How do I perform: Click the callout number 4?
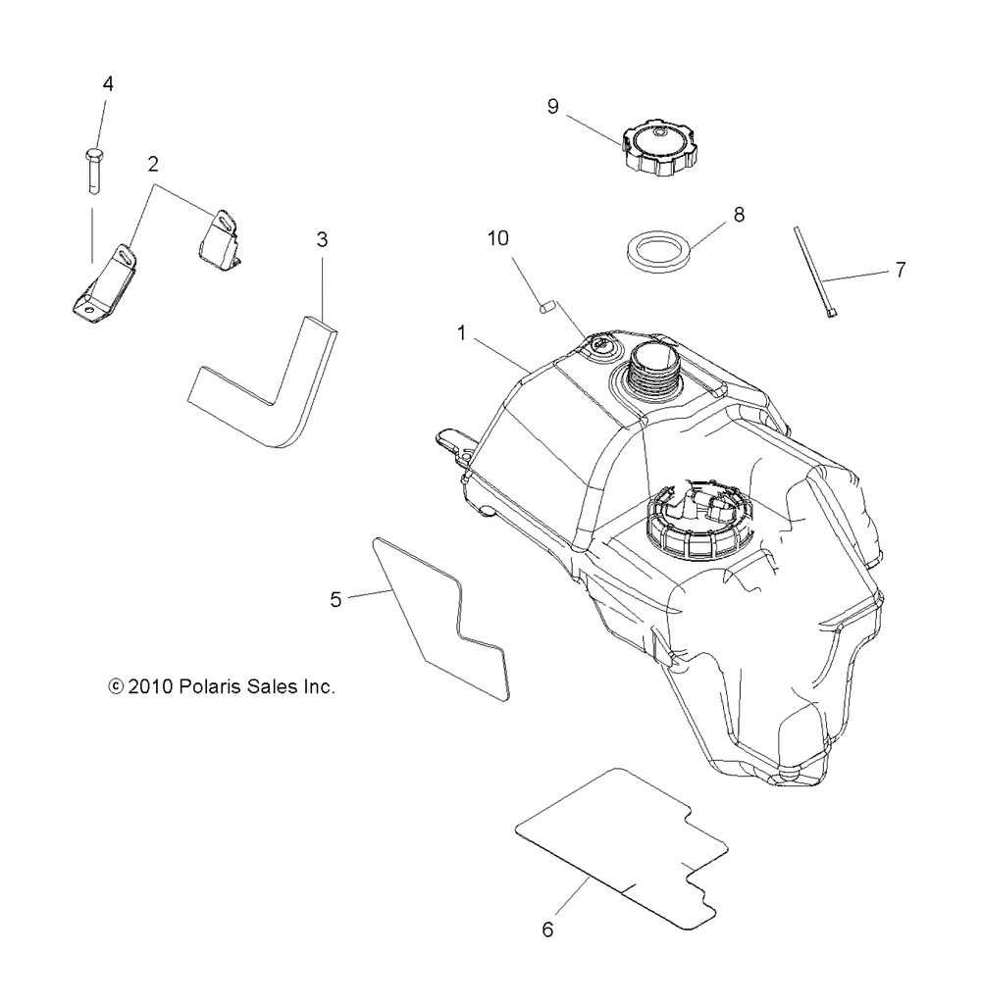[108, 84]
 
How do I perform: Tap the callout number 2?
[153, 165]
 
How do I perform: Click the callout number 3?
[322, 239]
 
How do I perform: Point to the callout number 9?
[553, 107]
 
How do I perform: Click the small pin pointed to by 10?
[545, 308]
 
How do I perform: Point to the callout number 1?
[460, 334]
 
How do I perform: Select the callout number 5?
[336, 600]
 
